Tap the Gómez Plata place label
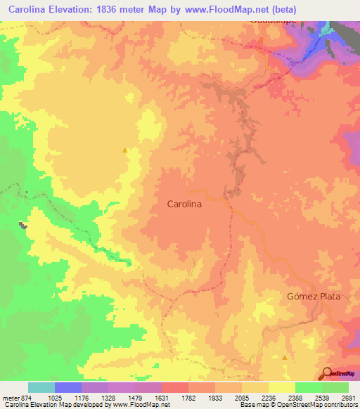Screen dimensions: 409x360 pos(314,296)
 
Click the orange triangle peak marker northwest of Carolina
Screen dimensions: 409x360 pos(125,150)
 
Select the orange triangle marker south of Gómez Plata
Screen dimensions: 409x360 pos(284,356)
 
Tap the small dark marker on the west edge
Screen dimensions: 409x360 pos(23,225)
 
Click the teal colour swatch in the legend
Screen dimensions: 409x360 pos(41,387)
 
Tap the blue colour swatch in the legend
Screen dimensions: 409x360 pos(68,387)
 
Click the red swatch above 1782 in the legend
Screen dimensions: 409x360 pos(175,387)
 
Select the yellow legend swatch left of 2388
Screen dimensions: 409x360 pos(282,387)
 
